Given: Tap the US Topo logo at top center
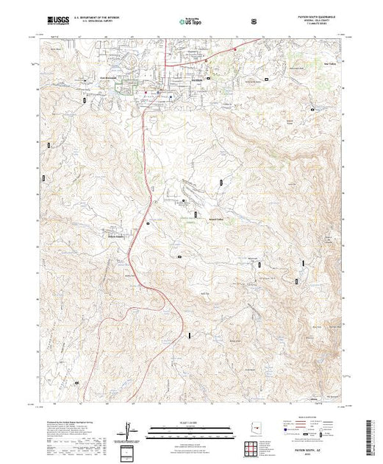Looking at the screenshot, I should coord(190,21).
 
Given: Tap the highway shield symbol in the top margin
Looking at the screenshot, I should coord(254,21).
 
